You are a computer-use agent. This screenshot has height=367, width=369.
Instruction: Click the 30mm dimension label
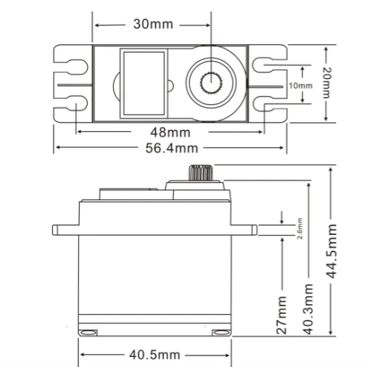[153, 24]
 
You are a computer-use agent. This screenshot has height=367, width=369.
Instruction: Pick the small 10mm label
[300, 85]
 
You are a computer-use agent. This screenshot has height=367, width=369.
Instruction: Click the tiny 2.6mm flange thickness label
[281, 230]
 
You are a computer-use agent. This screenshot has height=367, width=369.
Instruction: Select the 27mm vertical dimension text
[282, 313]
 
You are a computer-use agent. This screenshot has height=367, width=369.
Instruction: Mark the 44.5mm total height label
[332, 251]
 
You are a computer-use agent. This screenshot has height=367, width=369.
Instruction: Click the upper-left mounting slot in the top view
[72, 65]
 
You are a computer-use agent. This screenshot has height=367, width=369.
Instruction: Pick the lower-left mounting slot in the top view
[72, 105]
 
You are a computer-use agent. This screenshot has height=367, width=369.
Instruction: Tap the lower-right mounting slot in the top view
[269, 105]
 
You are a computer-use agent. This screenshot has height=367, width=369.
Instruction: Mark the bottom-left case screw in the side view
[88, 331]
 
